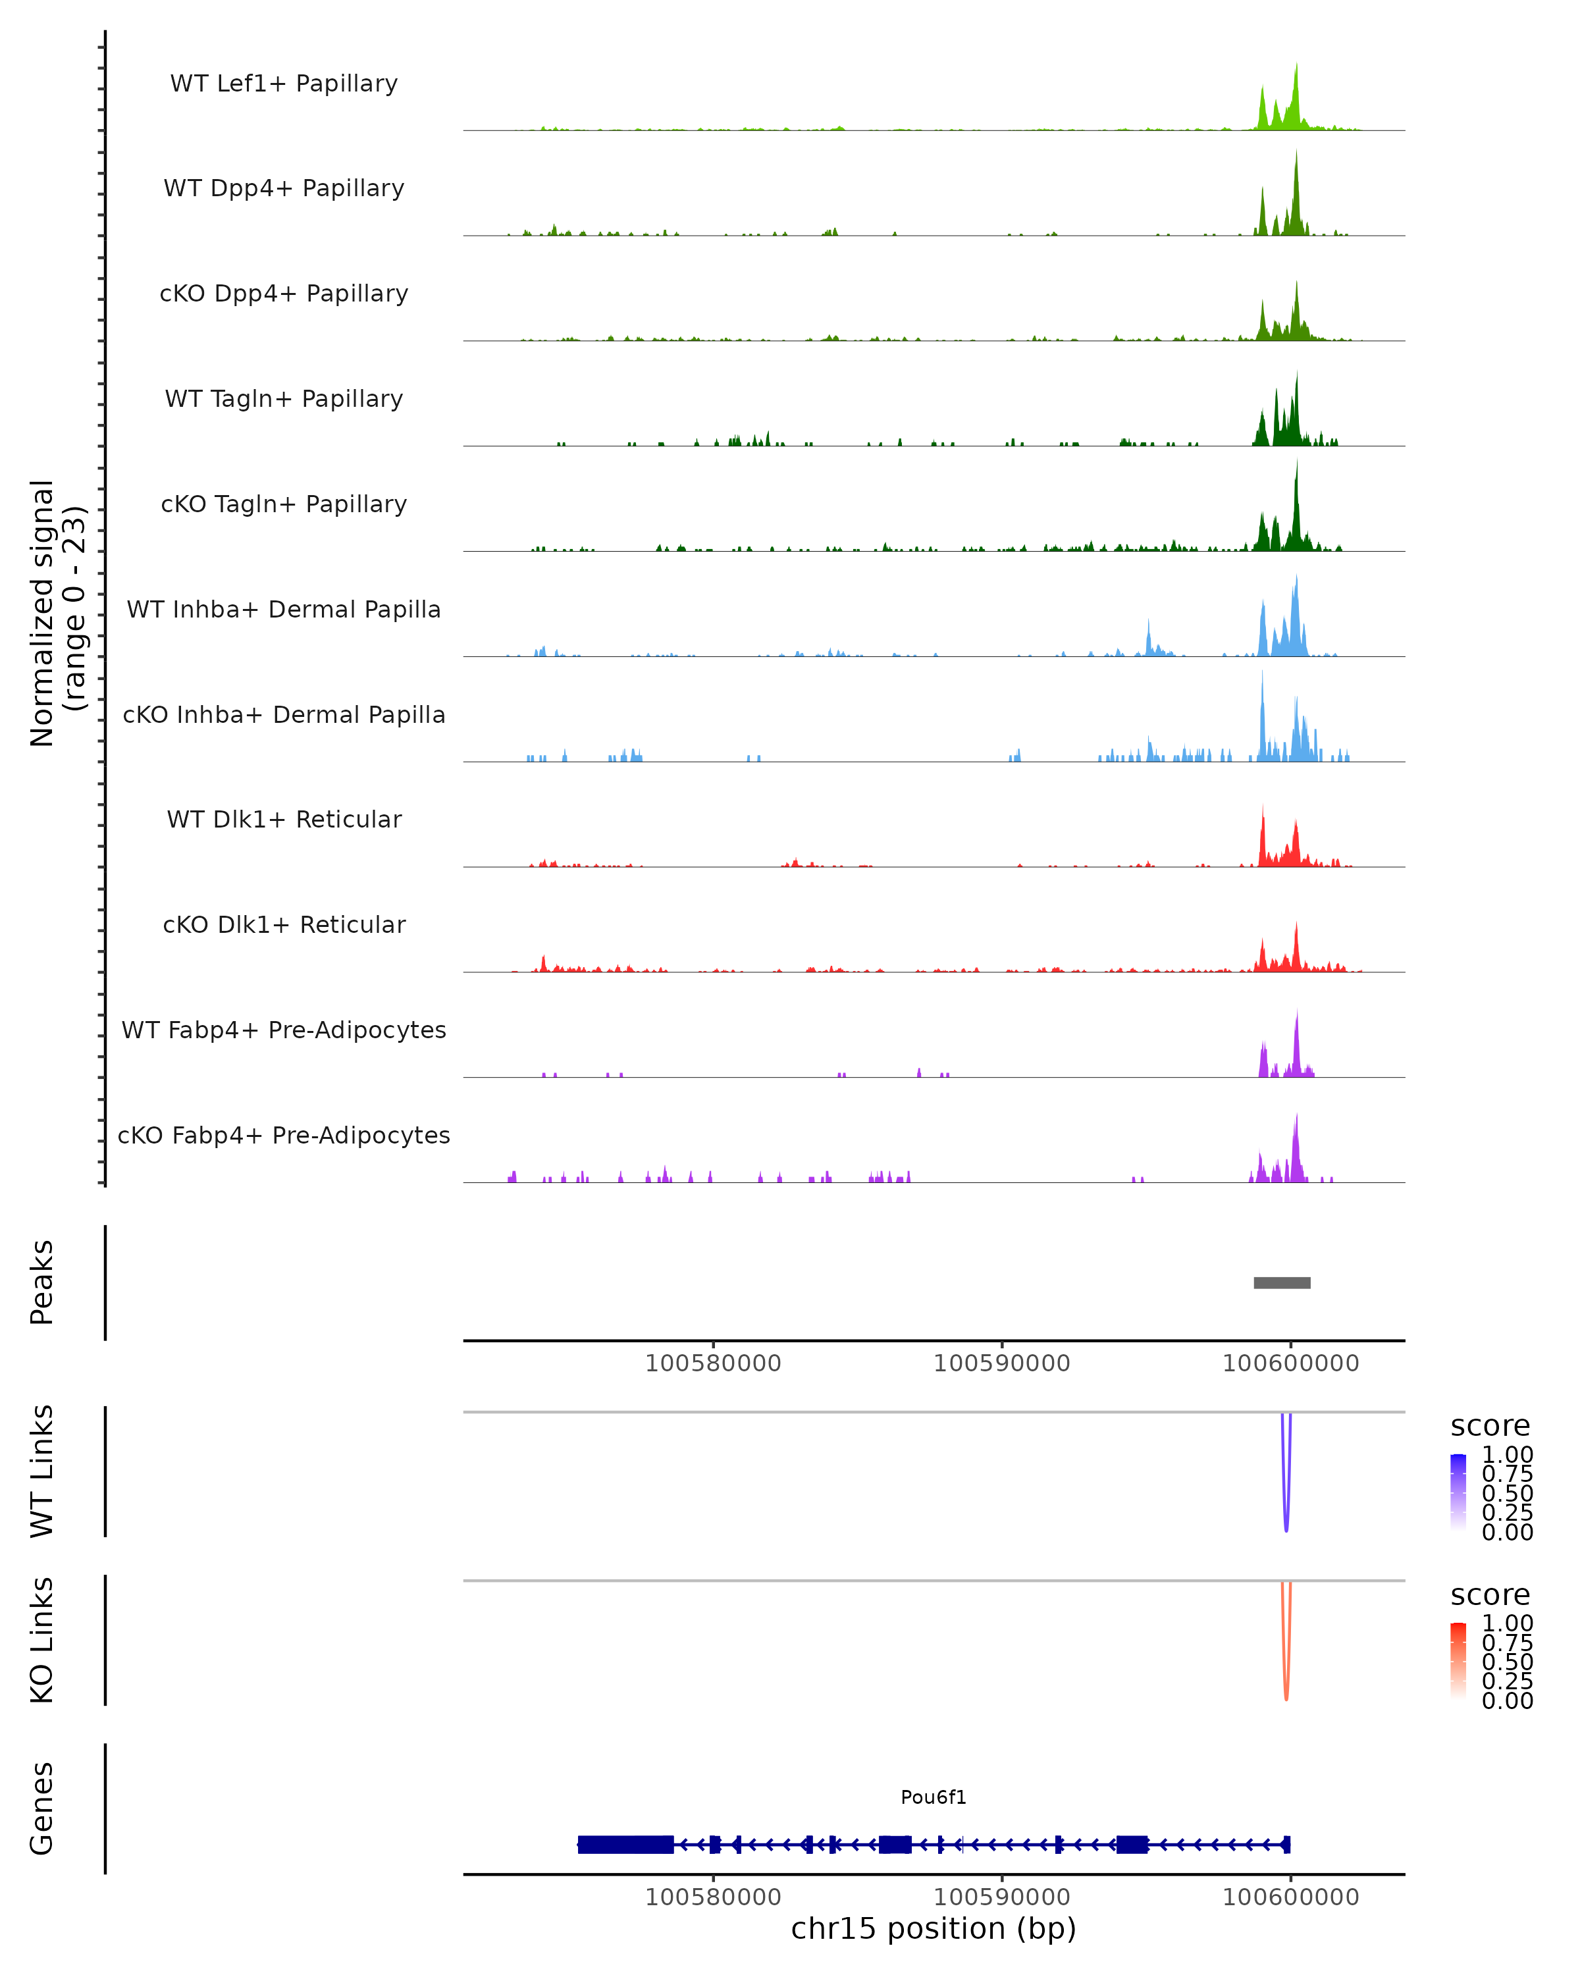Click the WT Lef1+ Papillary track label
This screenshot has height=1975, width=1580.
coord(284,84)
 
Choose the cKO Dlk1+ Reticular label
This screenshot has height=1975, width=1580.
coord(284,924)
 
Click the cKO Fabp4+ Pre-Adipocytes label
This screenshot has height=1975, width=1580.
coord(284,1135)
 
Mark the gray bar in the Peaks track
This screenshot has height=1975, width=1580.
coord(1281,1282)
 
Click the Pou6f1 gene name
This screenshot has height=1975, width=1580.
coord(934,1797)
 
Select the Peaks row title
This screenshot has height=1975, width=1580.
coord(42,1282)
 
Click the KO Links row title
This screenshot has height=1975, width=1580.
coord(42,1640)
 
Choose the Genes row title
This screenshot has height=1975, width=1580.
coord(42,1808)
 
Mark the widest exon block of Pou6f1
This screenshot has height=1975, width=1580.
coord(625,1844)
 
